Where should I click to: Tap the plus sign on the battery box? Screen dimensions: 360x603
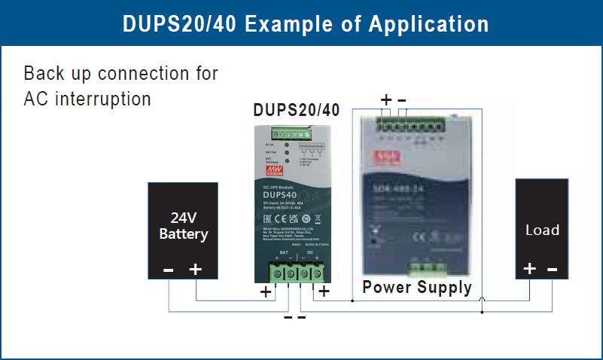point(195,268)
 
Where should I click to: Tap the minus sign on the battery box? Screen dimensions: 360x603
point(169,269)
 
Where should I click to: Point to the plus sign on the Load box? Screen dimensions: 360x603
point(529,269)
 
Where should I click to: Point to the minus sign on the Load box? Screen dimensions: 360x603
point(553,269)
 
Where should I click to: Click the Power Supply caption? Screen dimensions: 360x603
point(416,287)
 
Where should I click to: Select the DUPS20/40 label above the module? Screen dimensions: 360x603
point(296,110)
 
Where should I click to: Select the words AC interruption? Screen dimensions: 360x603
point(87,99)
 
